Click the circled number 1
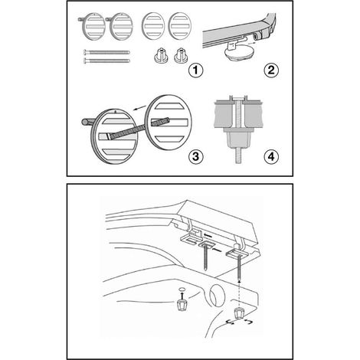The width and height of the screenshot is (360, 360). click(x=196, y=70)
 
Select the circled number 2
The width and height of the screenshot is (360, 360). click(x=271, y=70)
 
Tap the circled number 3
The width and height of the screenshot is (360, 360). click(x=196, y=156)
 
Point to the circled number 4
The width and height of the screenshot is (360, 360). click(x=271, y=156)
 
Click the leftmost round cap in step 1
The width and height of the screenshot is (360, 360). click(x=93, y=26)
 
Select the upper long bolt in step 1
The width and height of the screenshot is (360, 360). click(x=106, y=52)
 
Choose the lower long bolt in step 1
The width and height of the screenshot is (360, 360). click(x=106, y=61)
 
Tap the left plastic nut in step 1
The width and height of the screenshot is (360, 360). click(x=160, y=55)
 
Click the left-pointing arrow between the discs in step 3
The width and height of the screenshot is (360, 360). click(x=139, y=108)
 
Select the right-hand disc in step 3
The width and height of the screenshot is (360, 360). click(x=169, y=122)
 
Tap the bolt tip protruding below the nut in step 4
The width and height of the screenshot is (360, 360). click(x=237, y=155)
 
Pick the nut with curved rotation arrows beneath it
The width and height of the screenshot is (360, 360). click(x=239, y=313)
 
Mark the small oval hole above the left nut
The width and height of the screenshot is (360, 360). click(x=182, y=290)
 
